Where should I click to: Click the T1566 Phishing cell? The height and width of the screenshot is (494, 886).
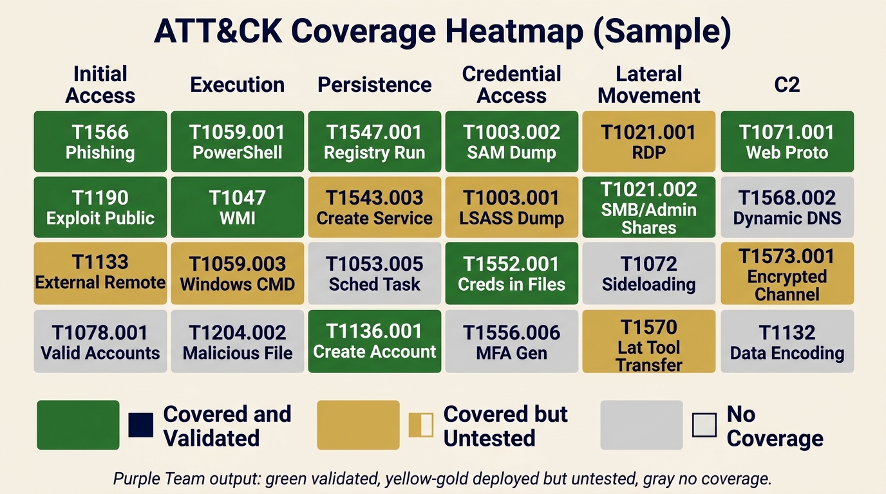coord(100,142)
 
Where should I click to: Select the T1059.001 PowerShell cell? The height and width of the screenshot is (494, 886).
coord(237,142)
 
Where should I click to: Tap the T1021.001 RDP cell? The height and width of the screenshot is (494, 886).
coord(648,142)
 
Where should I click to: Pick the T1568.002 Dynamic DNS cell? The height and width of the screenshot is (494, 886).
coord(787,207)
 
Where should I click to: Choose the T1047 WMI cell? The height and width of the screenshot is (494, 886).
coord(237,207)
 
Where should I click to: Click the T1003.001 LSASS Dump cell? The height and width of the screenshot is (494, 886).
coord(512,207)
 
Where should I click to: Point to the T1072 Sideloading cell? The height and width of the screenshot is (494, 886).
coord(648,273)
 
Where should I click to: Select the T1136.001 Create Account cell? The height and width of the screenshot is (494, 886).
coord(375,341)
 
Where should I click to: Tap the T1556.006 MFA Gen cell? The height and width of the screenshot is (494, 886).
coord(512,341)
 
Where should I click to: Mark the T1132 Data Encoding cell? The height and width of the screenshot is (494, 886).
coord(787,341)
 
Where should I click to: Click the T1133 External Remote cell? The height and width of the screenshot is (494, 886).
coord(100,273)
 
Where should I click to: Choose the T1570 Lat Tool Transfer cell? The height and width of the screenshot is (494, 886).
coord(648,341)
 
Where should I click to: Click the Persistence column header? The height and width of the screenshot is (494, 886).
coord(375,84)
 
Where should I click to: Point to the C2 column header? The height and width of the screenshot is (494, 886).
coord(787,84)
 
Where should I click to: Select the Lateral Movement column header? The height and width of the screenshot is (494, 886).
coord(648,84)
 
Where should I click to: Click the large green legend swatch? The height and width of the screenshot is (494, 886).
coord(78,425)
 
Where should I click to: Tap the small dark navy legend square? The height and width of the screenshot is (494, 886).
coord(140,425)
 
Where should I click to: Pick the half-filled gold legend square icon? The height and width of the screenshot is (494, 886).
coord(421,425)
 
